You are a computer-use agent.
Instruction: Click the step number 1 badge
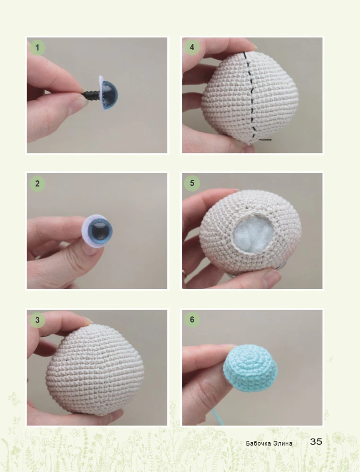[x=37, y=48]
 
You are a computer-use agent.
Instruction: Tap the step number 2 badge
[x=37, y=183]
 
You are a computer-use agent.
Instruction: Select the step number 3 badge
[x=37, y=320]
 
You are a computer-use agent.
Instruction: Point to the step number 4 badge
[x=192, y=47]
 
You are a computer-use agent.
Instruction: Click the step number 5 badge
[x=192, y=183]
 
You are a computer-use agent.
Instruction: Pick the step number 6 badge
[x=192, y=320]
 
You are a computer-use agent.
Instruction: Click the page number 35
[x=316, y=442]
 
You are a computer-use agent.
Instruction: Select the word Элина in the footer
[x=283, y=443]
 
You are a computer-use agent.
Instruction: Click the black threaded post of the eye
[x=92, y=94]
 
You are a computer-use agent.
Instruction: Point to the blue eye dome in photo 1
[x=110, y=95]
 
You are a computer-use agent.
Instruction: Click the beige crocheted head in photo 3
[x=95, y=370]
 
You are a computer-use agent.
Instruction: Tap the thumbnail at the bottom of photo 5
[x=272, y=277]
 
